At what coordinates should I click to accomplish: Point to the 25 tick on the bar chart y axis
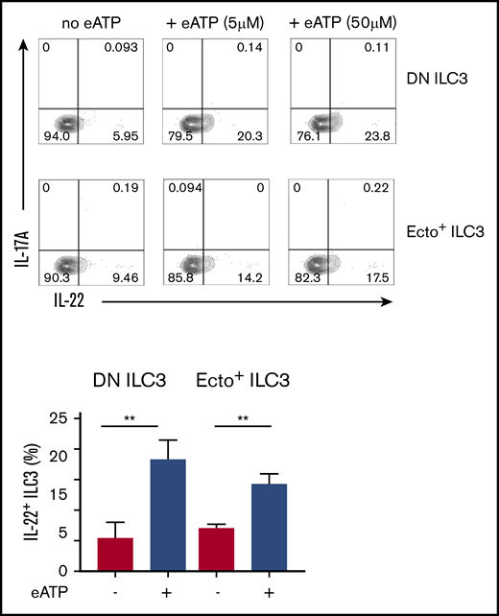click(64, 418)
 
